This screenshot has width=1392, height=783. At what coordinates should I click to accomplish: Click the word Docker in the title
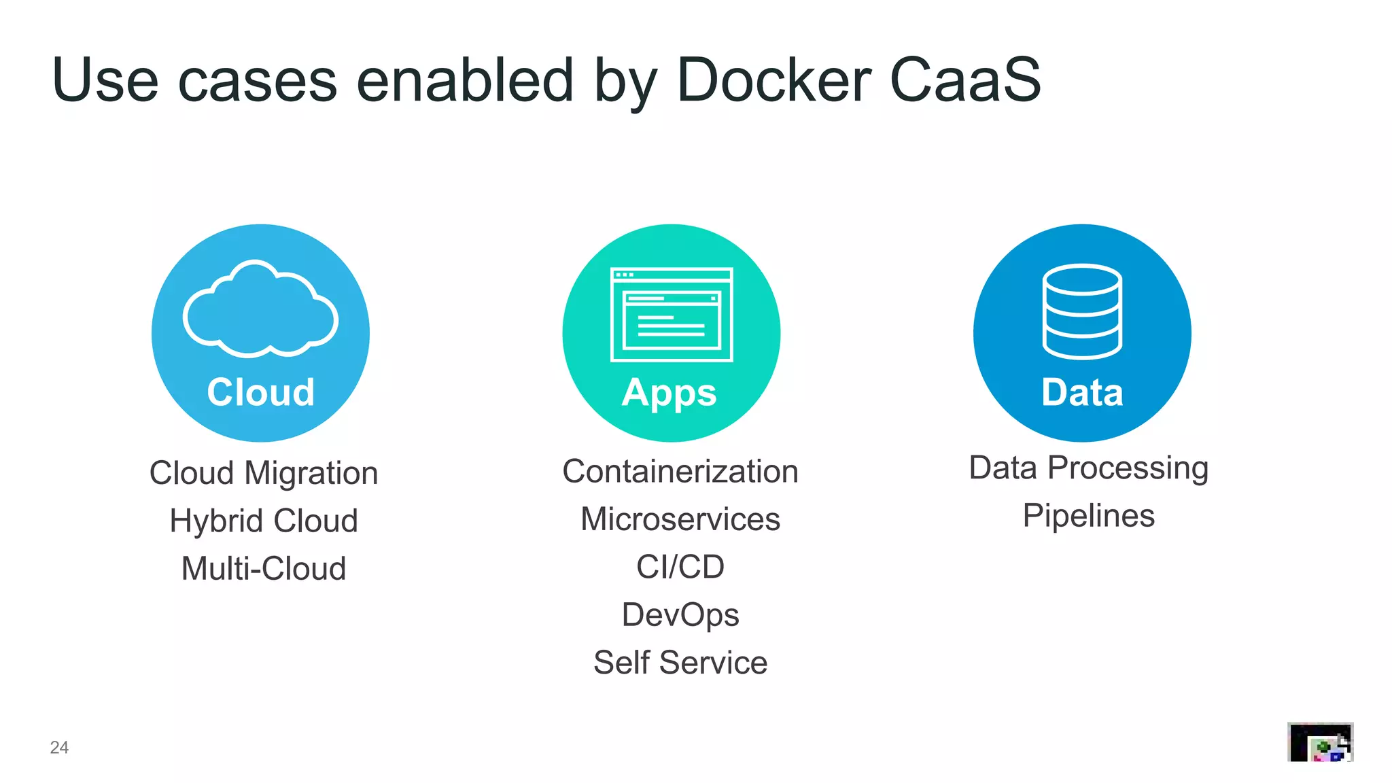coord(773,80)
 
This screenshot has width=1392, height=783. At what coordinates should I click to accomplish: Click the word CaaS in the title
coord(964,80)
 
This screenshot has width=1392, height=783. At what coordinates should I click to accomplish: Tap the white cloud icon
coord(260,310)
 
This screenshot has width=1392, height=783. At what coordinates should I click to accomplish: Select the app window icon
coord(672,314)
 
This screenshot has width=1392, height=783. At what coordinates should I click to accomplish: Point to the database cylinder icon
coord(1082,311)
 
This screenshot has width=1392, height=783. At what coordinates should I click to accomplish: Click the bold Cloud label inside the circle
coord(261,392)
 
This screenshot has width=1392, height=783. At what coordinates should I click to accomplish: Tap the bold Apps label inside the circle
coord(669,394)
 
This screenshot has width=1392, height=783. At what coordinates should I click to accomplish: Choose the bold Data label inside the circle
coord(1082,392)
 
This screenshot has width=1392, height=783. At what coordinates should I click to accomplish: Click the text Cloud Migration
coord(264,473)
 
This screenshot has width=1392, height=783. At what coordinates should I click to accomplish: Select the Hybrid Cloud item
coord(264,521)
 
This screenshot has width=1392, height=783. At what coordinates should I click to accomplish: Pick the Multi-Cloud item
coord(264,569)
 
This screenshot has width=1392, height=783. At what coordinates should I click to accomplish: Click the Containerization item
coord(680,472)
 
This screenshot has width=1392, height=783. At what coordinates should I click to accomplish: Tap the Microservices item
coord(680,519)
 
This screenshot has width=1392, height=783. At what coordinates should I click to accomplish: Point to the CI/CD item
coord(680,567)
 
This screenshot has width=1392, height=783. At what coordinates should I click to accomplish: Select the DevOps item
coord(680,615)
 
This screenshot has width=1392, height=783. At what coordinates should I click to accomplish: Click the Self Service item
coord(680,663)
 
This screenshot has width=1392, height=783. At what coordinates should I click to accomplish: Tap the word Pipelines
coord(1089,516)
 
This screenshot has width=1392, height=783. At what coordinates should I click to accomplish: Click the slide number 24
coord(59,748)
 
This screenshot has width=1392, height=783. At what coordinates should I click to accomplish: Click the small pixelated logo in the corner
coord(1320,742)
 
